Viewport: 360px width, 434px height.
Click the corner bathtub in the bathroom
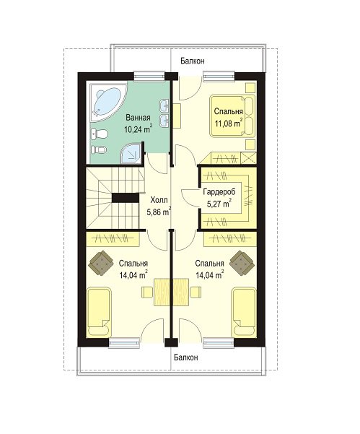click(107, 103)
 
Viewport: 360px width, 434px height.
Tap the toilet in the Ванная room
click(99, 134)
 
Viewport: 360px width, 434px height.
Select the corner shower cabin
click(131, 153)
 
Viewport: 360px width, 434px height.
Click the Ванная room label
click(138, 118)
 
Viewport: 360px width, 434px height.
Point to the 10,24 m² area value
click(138, 129)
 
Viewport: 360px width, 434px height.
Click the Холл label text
click(159, 199)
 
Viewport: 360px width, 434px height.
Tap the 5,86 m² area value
click(159, 212)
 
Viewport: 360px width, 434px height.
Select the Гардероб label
click(219, 192)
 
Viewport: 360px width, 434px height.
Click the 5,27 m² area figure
click(219, 204)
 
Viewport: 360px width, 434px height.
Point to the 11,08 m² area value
click(229, 123)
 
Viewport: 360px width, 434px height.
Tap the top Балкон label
click(193, 61)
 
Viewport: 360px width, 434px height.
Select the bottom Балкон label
click(186, 357)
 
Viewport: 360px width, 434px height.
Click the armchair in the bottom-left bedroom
click(101, 263)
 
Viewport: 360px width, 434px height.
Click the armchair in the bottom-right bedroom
click(242, 263)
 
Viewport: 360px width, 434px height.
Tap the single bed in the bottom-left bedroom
click(99, 312)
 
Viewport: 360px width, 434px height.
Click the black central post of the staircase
click(126, 198)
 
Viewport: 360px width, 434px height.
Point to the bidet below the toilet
click(99, 150)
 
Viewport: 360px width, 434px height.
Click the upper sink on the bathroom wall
click(164, 105)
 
